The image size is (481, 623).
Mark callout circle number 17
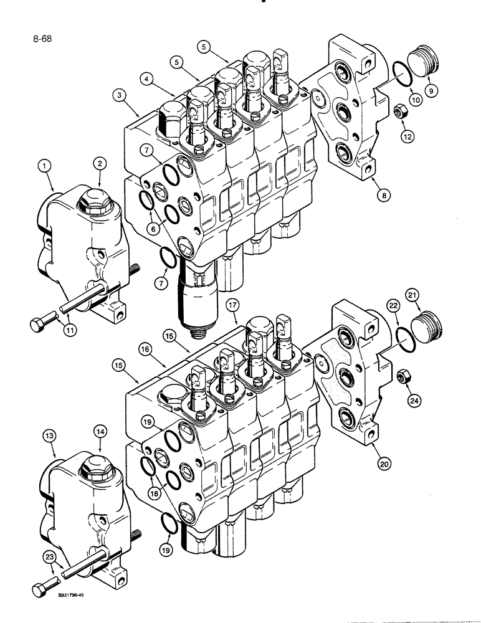coord(233,305)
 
